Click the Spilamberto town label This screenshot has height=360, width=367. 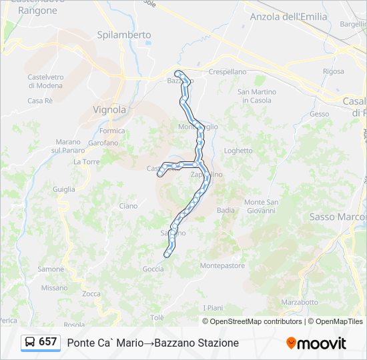click(x=123, y=35)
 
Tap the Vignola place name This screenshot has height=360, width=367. click(x=109, y=109)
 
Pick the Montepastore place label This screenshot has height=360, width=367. click(x=223, y=265)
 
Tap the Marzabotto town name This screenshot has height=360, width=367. click(x=300, y=302)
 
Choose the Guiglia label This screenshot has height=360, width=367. click(x=64, y=189)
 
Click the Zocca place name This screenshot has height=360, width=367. click(x=91, y=294)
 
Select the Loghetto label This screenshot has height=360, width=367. click(x=238, y=151)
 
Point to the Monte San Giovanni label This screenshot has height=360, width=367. click(x=260, y=206)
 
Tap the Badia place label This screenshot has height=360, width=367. click(x=226, y=210)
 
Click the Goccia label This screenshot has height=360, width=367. click(x=153, y=269)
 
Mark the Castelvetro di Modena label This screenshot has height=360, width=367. click(x=45, y=81)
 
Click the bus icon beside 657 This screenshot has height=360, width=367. click(x=30, y=343)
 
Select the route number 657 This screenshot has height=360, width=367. click(x=47, y=342)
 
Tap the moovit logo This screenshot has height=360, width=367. click(x=316, y=343)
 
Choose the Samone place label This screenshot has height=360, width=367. click(x=51, y=269)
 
